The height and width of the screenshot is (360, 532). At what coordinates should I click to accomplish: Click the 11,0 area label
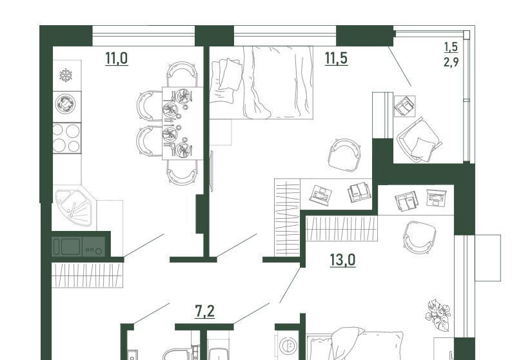[117, 58]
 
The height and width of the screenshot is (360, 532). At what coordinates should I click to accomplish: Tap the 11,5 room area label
[336, 58]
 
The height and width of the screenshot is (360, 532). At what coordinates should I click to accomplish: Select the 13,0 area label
[342, 260]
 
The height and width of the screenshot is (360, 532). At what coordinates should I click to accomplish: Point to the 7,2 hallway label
[205, 311]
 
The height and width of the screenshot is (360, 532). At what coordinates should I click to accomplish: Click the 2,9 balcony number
[451, 62]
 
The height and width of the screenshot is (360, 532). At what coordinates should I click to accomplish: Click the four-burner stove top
[67, 138]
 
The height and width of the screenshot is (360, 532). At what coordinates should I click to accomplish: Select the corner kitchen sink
[74, 208]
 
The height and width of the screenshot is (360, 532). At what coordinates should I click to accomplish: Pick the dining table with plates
[182, 123]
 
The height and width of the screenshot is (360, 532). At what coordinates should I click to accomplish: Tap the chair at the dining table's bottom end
[182, 173]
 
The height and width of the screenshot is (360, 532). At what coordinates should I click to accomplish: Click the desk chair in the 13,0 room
[419, 237]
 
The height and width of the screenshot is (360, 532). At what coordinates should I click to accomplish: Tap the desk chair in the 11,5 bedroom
[345, 155]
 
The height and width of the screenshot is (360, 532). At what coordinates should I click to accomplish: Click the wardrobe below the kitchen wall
[87, 275]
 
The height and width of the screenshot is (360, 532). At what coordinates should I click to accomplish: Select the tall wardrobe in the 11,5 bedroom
[287, 217]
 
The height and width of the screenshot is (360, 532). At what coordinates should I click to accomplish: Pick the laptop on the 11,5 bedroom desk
[320, 195]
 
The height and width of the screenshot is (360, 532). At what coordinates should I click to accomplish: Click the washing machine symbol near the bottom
[288, 345]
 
